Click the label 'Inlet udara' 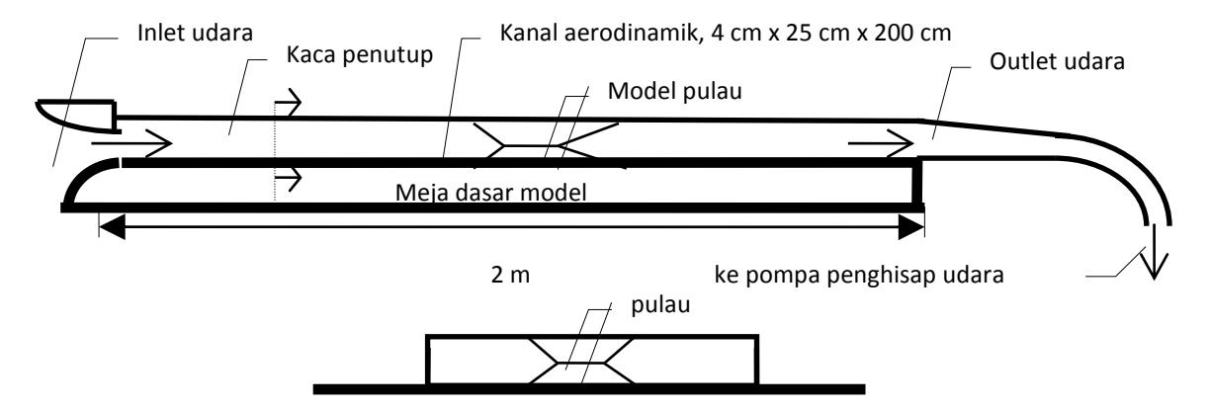[x=195, y=33]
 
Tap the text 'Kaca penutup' [x=360, y=55]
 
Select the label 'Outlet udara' [x=1057, y=61]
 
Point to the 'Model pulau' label [x=674, y=91]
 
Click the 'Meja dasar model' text [x=490, y=192]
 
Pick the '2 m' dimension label [x=510, y=275]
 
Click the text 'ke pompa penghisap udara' [x=859, y=275]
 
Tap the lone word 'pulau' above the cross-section [x=660, y=305]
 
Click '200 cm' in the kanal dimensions [x=912, y=33]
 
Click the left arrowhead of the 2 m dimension [x=113, y=226]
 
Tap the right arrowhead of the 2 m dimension [x=911, y=226]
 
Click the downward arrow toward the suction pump [x=1154, y=251]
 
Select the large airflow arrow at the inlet [x=131, y=143]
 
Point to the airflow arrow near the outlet [x=881, y=144]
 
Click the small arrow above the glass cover [x=289, y=102]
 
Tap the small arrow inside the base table [x=289, y=178]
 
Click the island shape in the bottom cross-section [x=580, y=362]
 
